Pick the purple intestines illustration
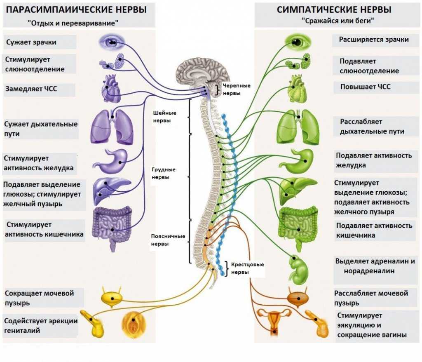coord(112,227)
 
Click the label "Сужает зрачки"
coord(31,42)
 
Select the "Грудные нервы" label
coord(163,173)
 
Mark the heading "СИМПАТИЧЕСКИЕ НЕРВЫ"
coord(334,9)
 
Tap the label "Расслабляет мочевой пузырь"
coord(371,298)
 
